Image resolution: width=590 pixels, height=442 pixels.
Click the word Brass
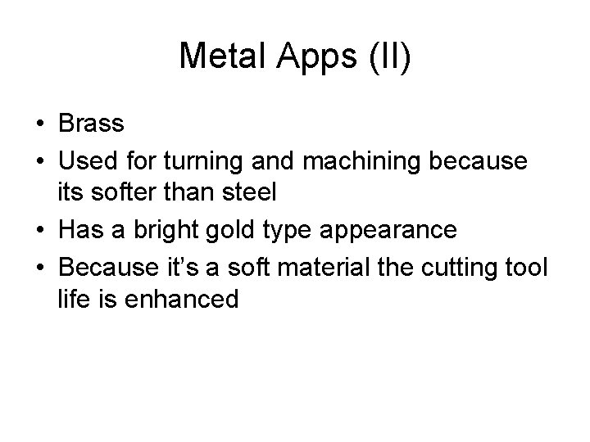coord(91,124)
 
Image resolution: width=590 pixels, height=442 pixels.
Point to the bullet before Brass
coord(40,124)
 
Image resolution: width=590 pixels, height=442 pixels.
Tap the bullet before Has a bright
coord(40,230)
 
